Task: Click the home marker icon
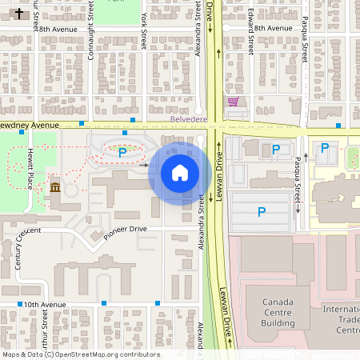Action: pos(179,172)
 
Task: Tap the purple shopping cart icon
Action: pos(233,102)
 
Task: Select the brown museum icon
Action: pos(55,187)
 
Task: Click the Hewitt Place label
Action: pos(32,170)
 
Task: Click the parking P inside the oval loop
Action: pos(122,152)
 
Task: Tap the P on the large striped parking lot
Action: pos(261,212)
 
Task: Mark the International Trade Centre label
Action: pos(341,318)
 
